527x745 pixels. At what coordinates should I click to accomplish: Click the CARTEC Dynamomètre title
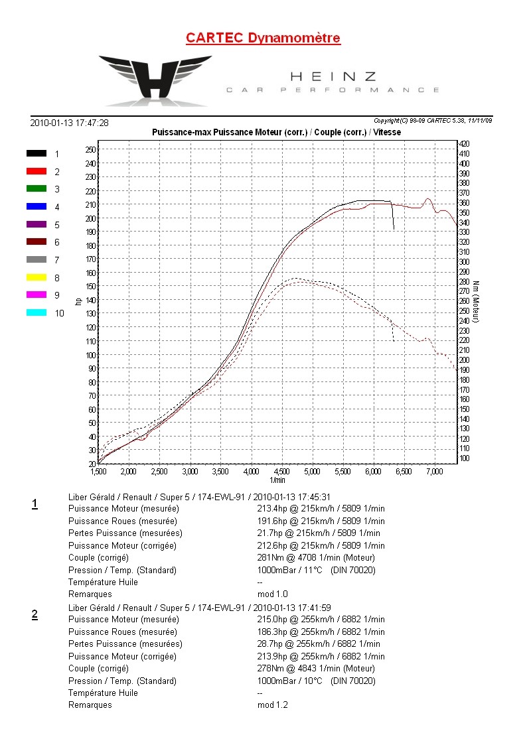coord(263,38)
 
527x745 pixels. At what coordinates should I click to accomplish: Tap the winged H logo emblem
coord(156,78)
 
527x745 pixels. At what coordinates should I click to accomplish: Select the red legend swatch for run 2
coord(37,170)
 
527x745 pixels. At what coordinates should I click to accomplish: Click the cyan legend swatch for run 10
coord(37,312)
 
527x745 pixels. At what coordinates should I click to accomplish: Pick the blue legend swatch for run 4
coord(37,206)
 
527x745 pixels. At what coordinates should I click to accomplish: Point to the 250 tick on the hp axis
coord(91,150)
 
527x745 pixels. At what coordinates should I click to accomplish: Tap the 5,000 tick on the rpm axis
coord(312,471)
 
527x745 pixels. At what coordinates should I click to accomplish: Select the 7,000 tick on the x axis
coord(434,471)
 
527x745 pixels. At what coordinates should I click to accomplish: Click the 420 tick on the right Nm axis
coord(465,143)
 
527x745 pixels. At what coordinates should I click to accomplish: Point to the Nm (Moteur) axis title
coord(476,302)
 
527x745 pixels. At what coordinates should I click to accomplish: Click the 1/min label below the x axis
coord(277,480)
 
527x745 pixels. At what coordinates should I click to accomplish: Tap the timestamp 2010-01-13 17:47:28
coord(70,123)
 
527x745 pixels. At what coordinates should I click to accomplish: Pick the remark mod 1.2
coord(272,705)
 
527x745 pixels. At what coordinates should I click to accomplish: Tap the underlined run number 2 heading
coord(35,615)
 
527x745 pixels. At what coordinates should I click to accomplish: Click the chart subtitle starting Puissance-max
coord(276,132)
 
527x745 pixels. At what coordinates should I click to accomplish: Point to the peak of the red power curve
coord(428,198)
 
